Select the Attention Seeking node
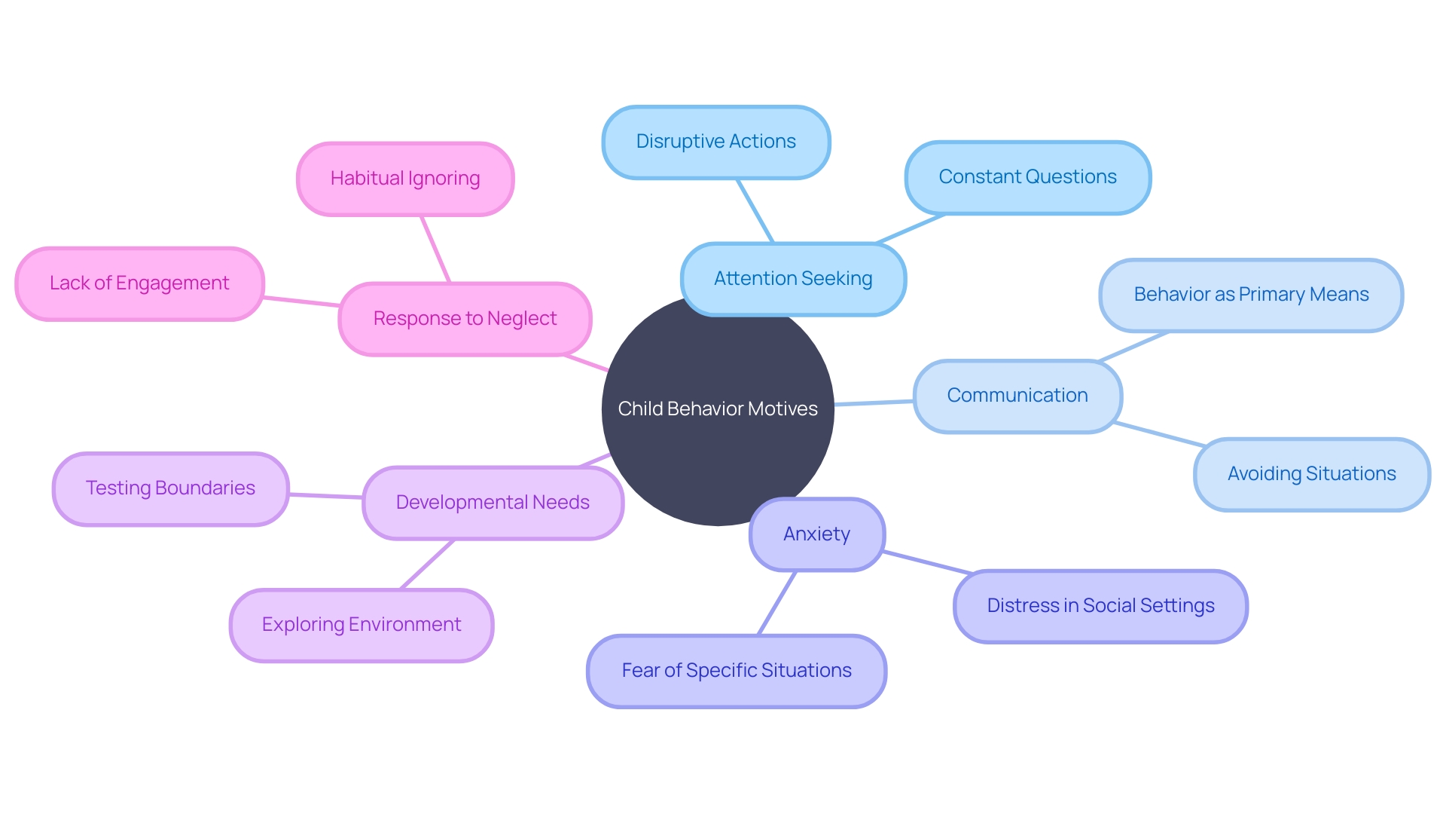point(793,279)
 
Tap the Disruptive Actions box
point(716,142)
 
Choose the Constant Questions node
point(1028,178)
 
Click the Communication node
point(1017,396)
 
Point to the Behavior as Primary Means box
point(1251,295)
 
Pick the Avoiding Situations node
point(1312,475)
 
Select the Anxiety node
point(817,534)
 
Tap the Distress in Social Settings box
point(1100,607)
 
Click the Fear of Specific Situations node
point(737,672)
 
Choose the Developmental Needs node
point(493,503)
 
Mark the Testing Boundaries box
point(171,489)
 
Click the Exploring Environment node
point(361,626)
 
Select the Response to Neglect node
point(465,320)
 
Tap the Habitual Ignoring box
point(405,179)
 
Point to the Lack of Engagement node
point(139,284)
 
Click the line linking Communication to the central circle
point(874,403)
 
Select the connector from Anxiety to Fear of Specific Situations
point(776,603)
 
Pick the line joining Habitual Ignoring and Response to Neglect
point(435,249)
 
